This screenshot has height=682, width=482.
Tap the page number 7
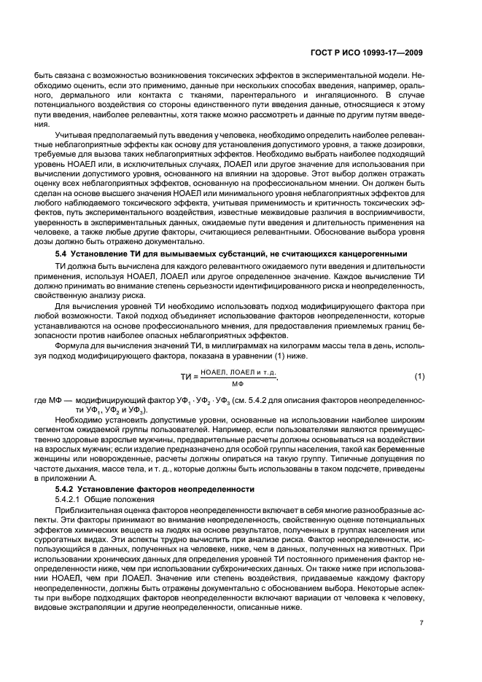421,643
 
